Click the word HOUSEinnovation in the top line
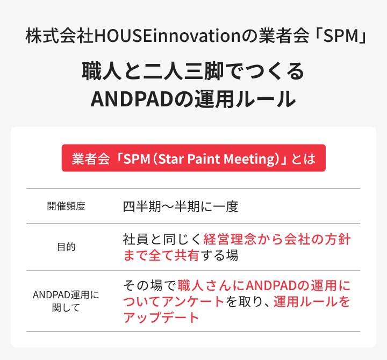coord(167,35)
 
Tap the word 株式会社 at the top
coord(60,35)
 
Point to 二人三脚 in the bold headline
coord(183,71)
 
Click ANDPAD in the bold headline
coord(132,99)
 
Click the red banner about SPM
coord(193,158)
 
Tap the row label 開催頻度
coord(66,206)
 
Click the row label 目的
coord(66,247)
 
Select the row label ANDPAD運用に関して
coord(66,301)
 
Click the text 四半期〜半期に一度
coord(181,206)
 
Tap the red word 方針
coord(337,239)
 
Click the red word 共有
coord(187,255)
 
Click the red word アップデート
coord(161,318)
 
